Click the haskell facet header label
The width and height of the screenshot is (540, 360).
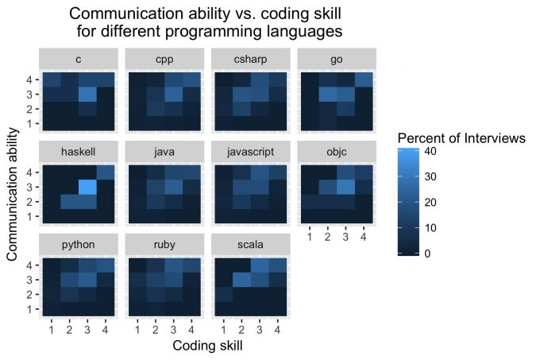pyautogui.click(x=78, y=151)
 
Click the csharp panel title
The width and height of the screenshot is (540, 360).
pyautogui.click(x=250, y=58)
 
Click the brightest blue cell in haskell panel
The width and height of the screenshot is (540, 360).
pyautogui.click(x=87, y=188)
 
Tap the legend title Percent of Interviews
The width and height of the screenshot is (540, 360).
pyautogui.click(x=461, y=137)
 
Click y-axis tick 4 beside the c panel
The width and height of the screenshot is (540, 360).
pyautogui.click(x=30, y=79)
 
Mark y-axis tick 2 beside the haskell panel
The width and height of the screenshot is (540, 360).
pyautogui.click(x=30, y=201)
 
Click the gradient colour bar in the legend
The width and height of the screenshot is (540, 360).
pyautogui.click(x=406, y=202)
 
